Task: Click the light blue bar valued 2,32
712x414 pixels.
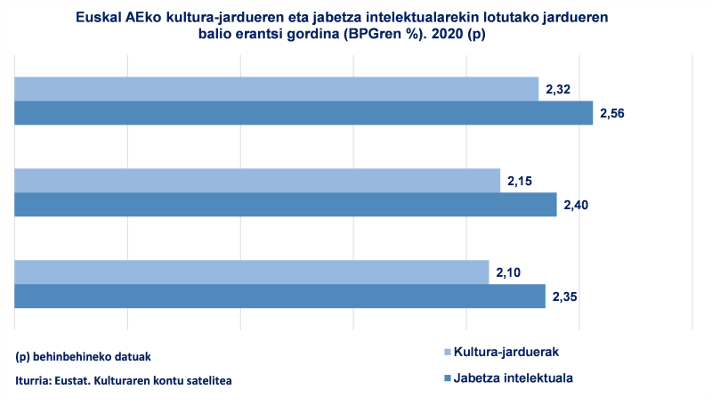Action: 277,89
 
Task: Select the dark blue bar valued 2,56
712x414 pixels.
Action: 303,113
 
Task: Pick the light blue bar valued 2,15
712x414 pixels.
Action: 257,181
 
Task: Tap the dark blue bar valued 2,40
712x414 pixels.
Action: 286,205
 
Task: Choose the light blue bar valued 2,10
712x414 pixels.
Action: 252,272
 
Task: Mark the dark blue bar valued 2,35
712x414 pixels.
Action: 280,296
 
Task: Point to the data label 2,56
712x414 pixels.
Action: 613,113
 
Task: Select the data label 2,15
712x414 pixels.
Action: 520,181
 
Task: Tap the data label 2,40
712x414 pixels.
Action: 576,205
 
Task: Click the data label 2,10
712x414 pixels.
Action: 508,272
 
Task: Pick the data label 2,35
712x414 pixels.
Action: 564,296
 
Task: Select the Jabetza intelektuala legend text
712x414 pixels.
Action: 513,377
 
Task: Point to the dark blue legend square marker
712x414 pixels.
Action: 447,378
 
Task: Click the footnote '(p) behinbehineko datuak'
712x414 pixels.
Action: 84,356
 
